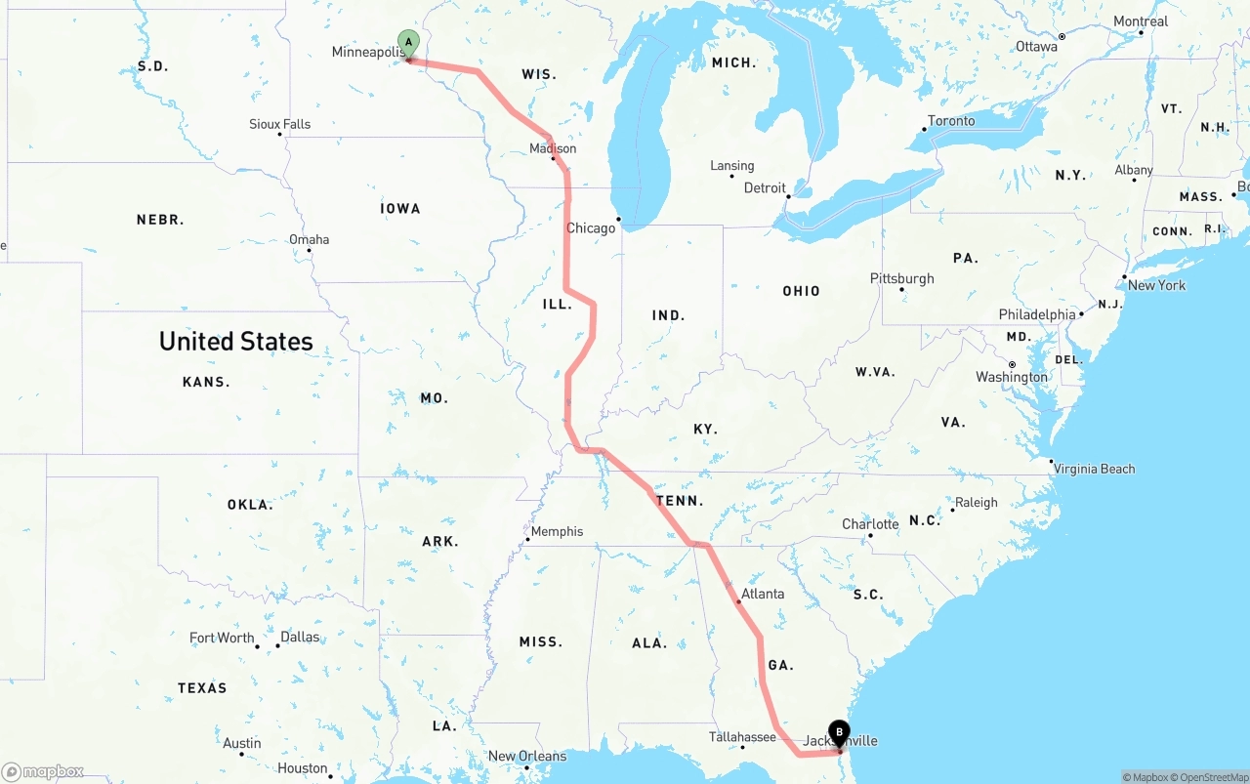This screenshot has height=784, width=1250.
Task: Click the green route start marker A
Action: click(408, 43)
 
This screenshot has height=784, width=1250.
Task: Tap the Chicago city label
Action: click(591, 228)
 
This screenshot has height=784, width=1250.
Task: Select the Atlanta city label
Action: click(762, 594)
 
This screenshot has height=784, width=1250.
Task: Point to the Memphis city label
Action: click(557, 532)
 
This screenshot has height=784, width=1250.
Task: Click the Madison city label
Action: click(553, 148)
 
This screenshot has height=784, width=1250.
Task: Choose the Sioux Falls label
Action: click(279, 124)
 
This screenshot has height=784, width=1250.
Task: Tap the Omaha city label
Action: click(309, 239)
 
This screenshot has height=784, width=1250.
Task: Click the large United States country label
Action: click(236, 341)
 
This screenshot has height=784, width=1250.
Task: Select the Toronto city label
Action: click(950, 121)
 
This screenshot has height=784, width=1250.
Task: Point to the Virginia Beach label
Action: click(1094, 469)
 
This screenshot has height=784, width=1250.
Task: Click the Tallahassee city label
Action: click(742, 737)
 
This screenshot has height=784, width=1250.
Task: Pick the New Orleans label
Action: click(526, 756)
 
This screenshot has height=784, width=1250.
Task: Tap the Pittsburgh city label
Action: click(901, 279)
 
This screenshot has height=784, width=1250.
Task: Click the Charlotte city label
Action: click(870, 524)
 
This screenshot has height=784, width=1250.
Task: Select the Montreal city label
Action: click(1140, 21)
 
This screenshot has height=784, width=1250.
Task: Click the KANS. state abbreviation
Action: click(206, 382)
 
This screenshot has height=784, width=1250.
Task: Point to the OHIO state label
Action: click(801, 291)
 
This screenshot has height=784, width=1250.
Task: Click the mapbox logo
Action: click(43, 772)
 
